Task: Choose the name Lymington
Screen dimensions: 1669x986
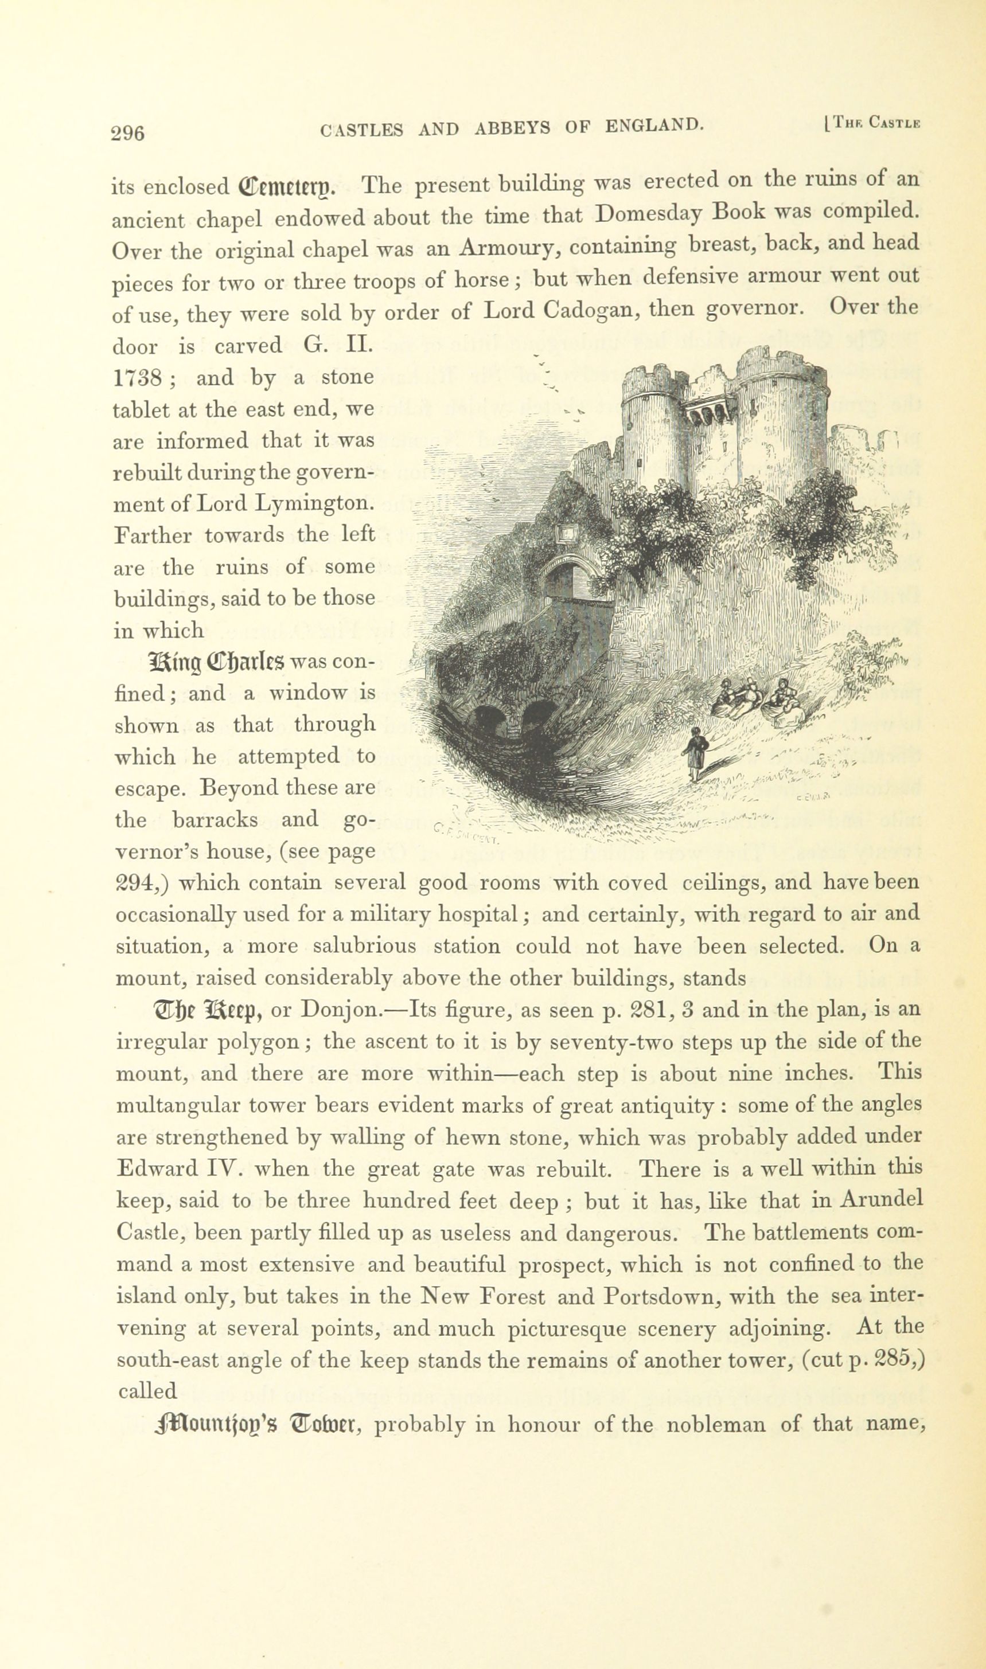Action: (314, 503)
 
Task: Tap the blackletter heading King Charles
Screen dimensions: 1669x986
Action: (218, 662)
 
